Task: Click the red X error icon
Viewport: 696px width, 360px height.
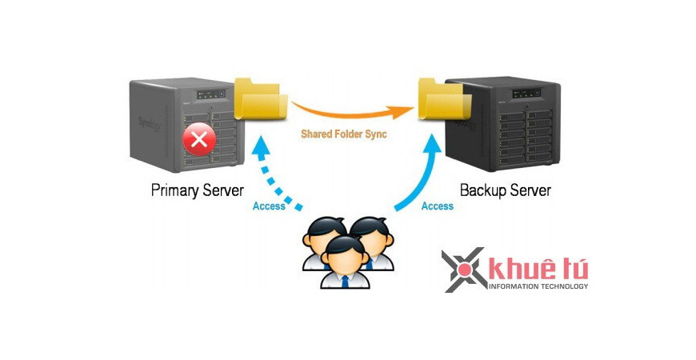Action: coord(198,142)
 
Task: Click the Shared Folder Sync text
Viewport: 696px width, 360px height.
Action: coord(343,134)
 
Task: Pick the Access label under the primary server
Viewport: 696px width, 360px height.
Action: coord(269,206)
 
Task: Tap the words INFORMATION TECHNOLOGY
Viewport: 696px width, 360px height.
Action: coord(538,286)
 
